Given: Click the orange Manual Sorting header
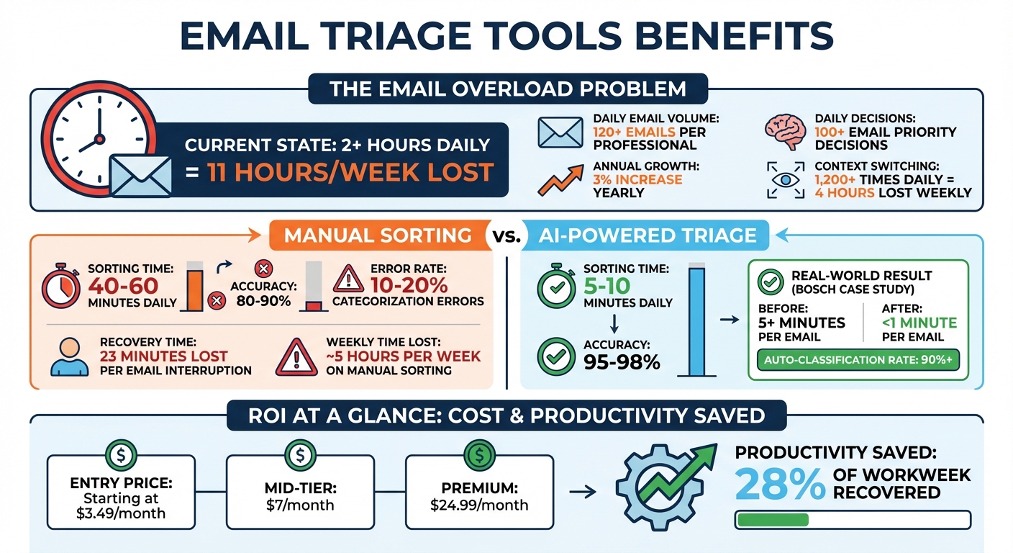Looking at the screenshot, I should point(378,235).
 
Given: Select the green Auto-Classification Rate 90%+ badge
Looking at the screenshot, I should point(859,360).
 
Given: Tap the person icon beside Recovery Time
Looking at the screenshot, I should point(69,355).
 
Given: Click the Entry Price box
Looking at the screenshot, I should point(121,492).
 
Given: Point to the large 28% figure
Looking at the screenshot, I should point(779,483).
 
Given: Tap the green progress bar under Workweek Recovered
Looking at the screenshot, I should point(771,520).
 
